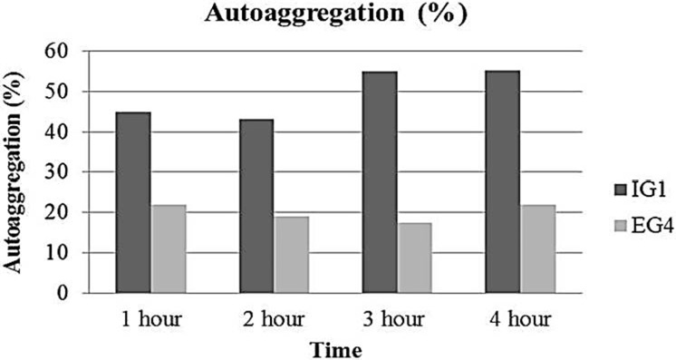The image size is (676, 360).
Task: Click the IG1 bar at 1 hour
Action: coord(133,202)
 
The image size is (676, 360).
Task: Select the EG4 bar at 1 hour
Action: coord(169,248)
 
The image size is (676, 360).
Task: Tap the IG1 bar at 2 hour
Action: coord(257,206)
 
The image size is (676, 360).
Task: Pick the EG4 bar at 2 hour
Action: coord(293,255)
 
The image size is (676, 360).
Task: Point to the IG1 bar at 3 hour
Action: coord(380,182)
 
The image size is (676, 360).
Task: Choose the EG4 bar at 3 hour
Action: coord(415,258)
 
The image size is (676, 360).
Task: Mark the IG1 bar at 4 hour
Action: coord(503,181)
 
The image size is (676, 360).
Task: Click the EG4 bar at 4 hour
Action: coord(538,248)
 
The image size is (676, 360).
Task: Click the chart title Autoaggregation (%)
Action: coord(336,14)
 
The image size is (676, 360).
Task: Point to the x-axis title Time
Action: coord(336,350)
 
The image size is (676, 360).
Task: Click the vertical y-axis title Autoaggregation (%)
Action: coord(14,172)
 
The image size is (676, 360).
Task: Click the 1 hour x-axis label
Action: coord(151,320)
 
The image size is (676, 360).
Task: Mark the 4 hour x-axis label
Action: coord(520,320)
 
